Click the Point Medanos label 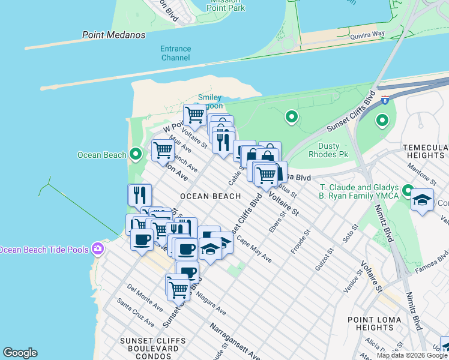113,35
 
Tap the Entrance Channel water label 175,53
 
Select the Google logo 20,353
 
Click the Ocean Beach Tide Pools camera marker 97,249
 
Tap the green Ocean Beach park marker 136,155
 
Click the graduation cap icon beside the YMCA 422,200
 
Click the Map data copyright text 412,355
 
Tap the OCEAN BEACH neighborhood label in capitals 210,196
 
